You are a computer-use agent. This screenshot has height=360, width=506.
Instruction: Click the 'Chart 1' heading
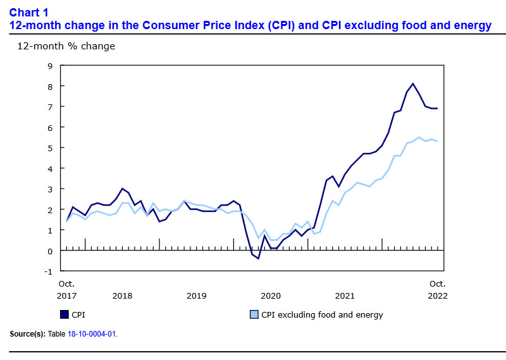tap(29, 12)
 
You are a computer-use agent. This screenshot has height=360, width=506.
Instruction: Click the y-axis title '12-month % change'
tap(57, 46)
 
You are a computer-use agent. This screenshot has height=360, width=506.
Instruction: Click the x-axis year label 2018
tap(122, 295)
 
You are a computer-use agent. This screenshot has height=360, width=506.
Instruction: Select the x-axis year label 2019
tap(197, 295)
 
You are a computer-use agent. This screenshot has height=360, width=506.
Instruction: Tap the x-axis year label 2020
tap(271, 295)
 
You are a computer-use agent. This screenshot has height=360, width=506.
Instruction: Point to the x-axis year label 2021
tap(345, 295)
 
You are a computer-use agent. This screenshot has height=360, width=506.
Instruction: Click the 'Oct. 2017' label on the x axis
tap(67, 289)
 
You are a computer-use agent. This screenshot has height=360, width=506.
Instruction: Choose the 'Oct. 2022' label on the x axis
tap(437, 289)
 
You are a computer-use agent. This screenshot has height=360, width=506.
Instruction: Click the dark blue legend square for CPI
tap(64, 314)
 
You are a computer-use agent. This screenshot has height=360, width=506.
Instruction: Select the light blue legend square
tap(254, 314)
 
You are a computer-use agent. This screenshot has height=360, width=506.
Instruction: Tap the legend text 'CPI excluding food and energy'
tap(322, 314)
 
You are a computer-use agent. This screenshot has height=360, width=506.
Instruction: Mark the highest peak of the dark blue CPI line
tap(413, 84)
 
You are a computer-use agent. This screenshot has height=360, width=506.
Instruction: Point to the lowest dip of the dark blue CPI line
tap(258, 258)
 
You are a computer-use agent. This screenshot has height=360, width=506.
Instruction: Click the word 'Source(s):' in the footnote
tap(27, 333)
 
